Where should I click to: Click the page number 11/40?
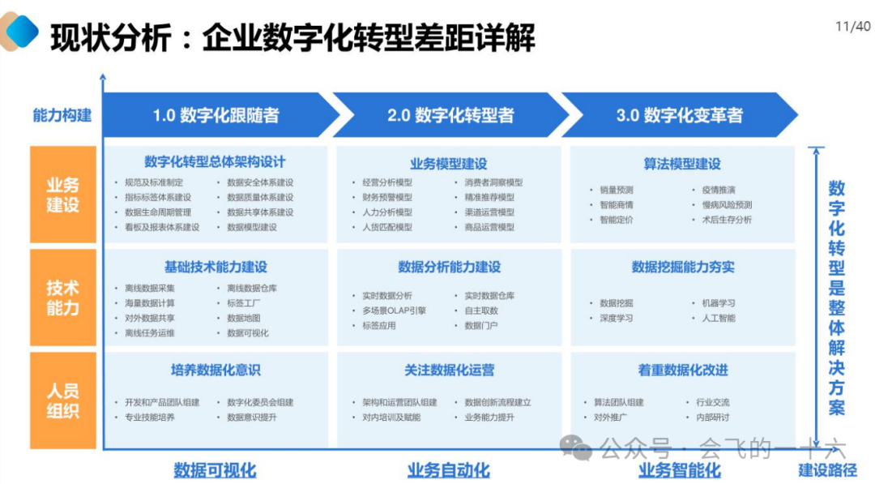click(x=852, y=26)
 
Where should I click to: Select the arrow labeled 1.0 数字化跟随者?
click(x=216, y=115)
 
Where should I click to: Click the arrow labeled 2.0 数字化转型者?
click(x=450, y=115)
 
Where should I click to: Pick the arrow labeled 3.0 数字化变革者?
click(x=679, y=115)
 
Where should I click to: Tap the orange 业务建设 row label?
click(x=63, y=195)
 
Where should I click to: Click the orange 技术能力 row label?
click(x=63, y=298)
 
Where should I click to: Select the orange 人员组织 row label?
click(x=63, y=400)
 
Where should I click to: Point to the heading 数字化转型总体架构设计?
click(x=215, y=162)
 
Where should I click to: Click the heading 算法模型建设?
click(x=682, y=164)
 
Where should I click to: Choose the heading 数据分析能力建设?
click(x=449, y=267)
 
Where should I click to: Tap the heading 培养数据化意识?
click(x=215, y=370)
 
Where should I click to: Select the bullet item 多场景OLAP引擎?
click(x=395, y=311)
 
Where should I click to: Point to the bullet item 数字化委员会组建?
click(x=260, y=402)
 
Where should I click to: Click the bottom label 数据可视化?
click(x=215, y=470)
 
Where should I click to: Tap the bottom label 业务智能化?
click(x=679, y=470)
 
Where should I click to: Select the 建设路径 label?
click(x=827, y=470)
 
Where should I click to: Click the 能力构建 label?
click(x=62, y=115)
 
